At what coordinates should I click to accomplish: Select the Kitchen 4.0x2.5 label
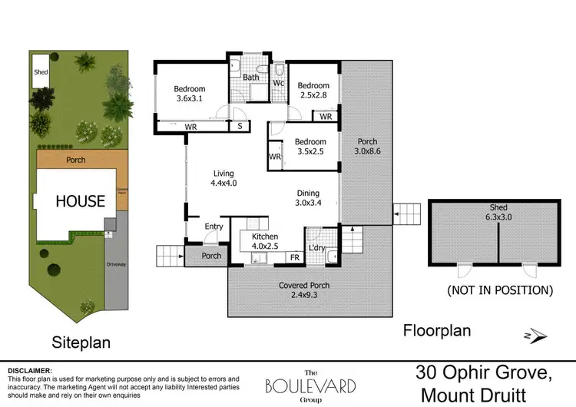[x=259, y=242]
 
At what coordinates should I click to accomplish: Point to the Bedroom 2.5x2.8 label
[x=313, y=91]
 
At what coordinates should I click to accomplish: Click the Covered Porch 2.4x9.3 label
[x=304, y=290]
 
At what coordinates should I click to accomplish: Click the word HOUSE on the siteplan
[x=79, y=201]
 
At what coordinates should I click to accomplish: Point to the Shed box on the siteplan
[x=41, y=71]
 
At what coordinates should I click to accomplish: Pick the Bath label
[x=251, y=78]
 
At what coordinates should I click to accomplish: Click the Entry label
[x=214, y=227]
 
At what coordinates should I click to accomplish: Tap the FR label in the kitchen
[x=294, y=257]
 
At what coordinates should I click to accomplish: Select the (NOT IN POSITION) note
[x=500, y=290]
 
